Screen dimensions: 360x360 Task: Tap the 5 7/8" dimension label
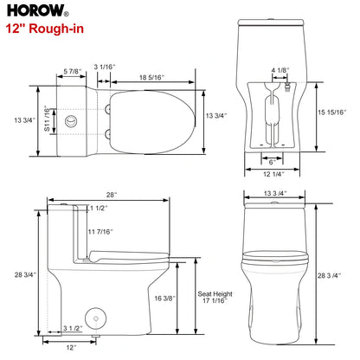(x=74, y=70)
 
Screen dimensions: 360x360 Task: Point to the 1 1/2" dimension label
(x=98, y=209)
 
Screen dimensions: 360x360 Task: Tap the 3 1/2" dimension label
(x=72, y=328)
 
